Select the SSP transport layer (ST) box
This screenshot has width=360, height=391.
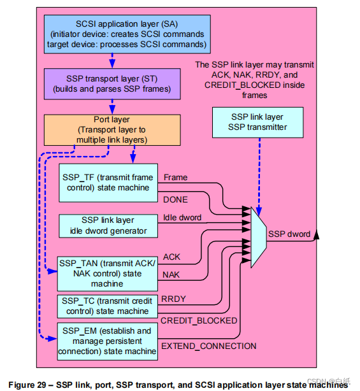pos(112,83)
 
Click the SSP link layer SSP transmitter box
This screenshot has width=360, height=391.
pos(258,122)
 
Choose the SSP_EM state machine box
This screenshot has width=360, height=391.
pos(107,341)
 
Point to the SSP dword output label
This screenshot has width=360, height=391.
pos(289,234)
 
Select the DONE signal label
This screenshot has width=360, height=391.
pos(176,199)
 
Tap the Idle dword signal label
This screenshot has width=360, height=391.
pos(182,218)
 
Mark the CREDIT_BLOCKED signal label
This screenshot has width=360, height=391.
pos(198,320)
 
